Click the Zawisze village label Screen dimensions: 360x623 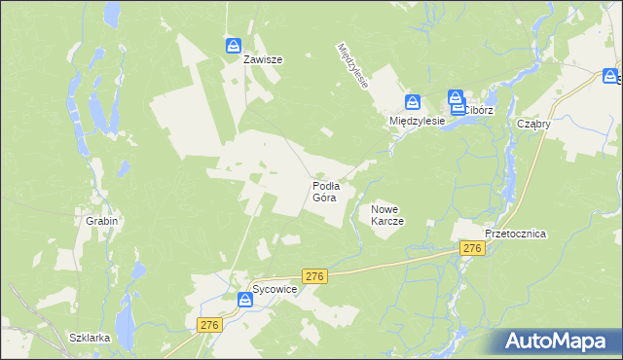[x=263, y=59]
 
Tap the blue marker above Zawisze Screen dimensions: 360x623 [x=234, y=46]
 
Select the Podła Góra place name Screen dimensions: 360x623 [x=325, y=191]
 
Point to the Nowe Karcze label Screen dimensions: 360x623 [x=387, y=215]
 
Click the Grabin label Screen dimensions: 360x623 [x=101, y=221]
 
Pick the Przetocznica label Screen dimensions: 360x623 [x=516, y=234]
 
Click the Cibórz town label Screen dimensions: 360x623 [x=478, y=111]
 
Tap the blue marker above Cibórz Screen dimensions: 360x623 [x=456, y=97]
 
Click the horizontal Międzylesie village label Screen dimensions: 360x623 [x=417, y=121]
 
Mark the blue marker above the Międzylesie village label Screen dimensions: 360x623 [x=413, y=102]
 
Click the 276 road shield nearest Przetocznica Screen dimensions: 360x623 [x=472, y=250]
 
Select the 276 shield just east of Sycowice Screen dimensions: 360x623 [x=313, y=276]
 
